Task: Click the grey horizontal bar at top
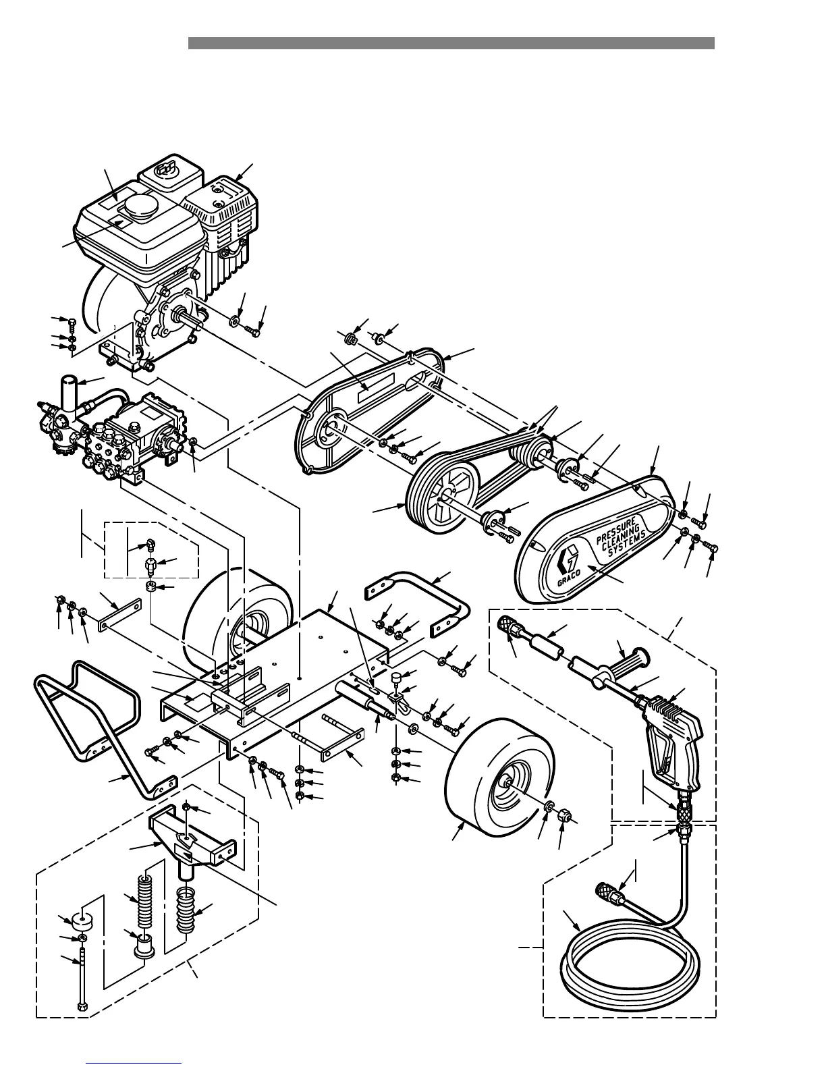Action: click(451, 43)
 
